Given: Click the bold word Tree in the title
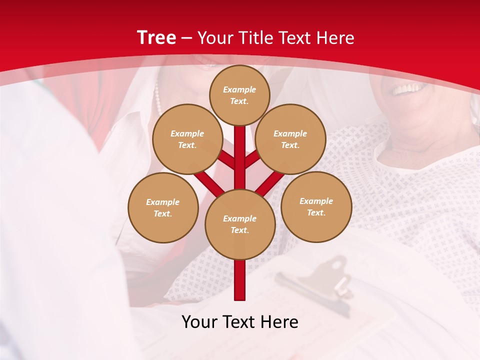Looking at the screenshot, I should pos(156,38).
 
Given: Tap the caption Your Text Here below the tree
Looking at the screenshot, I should pos(239,322).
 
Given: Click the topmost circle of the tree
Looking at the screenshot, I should pos(239,95).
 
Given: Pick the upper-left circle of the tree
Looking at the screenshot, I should pos(187,139).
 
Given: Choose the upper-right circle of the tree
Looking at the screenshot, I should pos(290,139).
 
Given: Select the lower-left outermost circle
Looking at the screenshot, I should pos(163,207).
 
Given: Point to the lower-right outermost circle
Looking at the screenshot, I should pos(316,206).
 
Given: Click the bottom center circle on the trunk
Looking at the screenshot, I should pos(240,224).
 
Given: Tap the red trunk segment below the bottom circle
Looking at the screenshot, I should pos(240,280).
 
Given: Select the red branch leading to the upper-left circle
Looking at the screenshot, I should pos(226,159).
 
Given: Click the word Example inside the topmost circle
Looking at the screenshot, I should pos(239,90).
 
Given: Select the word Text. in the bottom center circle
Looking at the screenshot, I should pos(240,230).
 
